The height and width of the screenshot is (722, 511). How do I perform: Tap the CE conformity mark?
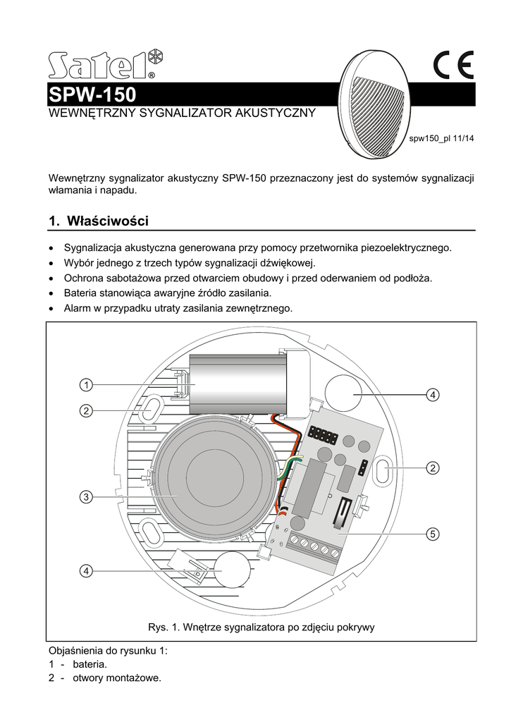pos(453,66)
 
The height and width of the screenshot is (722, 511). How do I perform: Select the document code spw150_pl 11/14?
pos(442,138)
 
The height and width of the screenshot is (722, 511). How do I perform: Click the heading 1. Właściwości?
pos(99,221)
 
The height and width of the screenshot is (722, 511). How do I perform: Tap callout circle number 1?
pos(85,385)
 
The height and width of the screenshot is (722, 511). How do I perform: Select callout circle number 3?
pos(85,498)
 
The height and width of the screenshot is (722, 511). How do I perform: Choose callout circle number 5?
pos(433,534)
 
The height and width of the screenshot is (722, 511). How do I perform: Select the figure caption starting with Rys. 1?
pos(261,628)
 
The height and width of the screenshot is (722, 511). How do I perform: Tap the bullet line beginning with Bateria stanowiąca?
pos(167,293)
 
